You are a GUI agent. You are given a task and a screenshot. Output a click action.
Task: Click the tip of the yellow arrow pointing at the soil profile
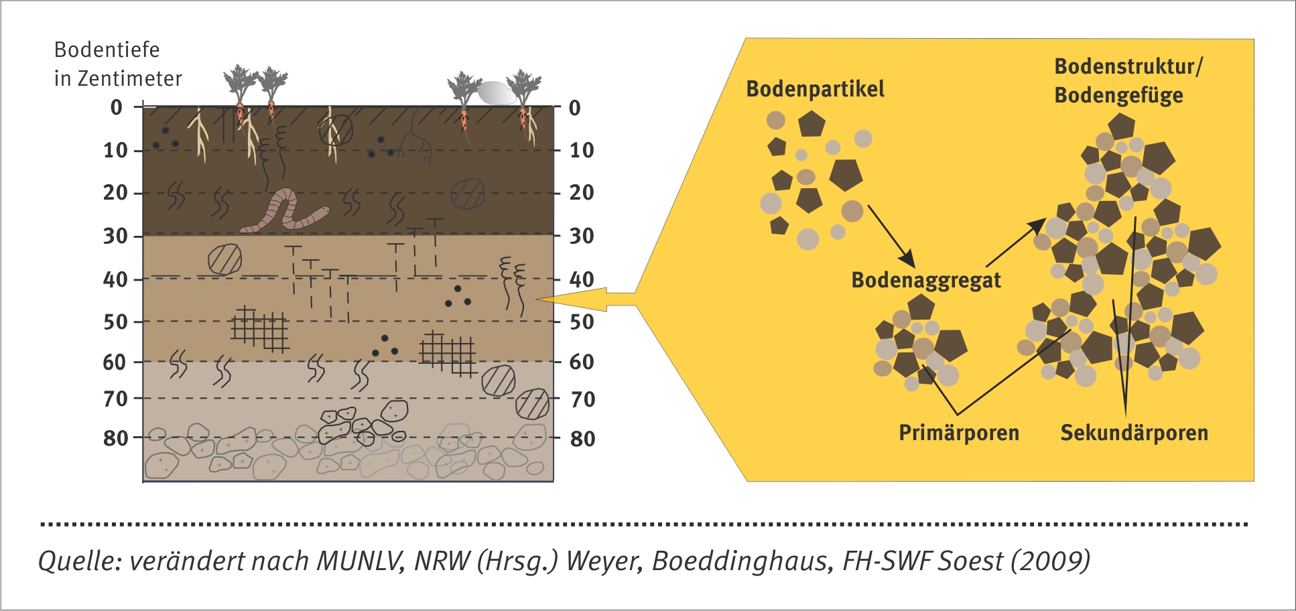coord(537,299)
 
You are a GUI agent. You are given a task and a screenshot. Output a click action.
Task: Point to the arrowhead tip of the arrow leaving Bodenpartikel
coord(914,266)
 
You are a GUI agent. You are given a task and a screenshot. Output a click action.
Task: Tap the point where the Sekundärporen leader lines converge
coord(1125,415)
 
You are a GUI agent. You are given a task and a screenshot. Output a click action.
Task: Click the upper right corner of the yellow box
coord(1254,39)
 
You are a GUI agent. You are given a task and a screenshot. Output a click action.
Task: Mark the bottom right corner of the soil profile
coord(554,481)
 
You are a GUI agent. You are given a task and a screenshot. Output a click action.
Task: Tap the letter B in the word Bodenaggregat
coord(858,280)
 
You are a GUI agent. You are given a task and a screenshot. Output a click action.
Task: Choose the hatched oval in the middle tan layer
coord(224,259)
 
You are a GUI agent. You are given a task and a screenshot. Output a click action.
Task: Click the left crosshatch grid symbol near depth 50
coord(260,329)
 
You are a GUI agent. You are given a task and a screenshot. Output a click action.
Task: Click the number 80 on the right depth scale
coord(583,439)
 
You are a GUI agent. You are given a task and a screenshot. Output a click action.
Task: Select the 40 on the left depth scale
coord(115,279)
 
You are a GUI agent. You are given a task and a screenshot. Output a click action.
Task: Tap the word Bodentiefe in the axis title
coord(107,50)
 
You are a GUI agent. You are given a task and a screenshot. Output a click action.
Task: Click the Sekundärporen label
coord(1134,433)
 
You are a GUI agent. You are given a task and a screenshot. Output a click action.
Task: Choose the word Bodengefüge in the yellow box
coord(1118,95)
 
